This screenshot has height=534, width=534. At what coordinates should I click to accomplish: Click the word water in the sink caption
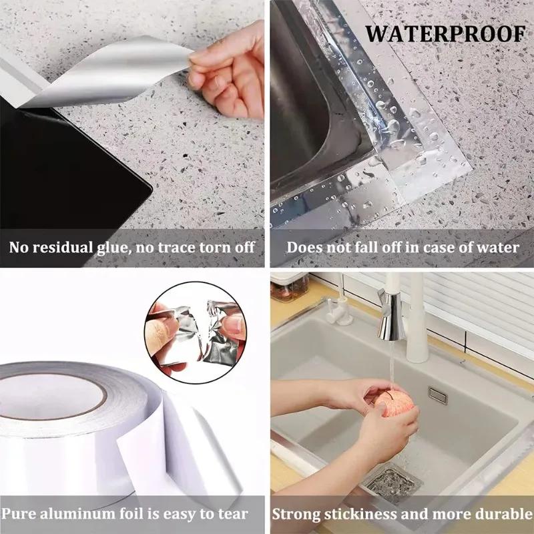coord(497,248)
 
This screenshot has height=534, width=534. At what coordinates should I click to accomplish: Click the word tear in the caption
coord(232,515)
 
